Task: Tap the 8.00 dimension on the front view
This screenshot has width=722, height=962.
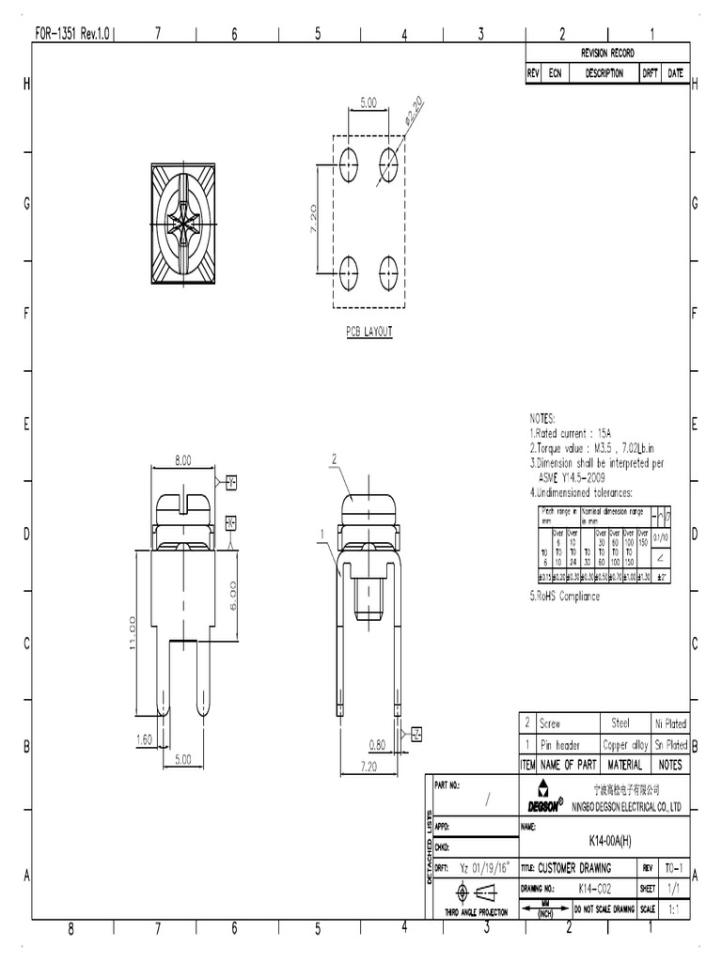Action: [182, 460]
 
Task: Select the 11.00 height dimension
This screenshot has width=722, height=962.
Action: [133, 631]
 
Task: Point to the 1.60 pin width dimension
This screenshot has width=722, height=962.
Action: [144, 739]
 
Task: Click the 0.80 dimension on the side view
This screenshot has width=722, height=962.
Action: [378, 745]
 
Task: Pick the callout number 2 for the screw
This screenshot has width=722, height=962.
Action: [334, 458]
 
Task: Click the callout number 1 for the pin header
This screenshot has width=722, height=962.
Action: [322, 533]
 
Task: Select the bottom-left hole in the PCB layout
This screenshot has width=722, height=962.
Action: [347, 273]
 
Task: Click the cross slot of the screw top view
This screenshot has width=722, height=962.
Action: [182, 224]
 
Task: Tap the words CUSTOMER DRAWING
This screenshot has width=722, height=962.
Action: [573, 868]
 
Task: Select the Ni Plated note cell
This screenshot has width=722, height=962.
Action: [670, 723]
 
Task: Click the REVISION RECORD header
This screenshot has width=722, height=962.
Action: [607, 53]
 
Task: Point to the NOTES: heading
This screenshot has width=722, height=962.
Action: [542, 418]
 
